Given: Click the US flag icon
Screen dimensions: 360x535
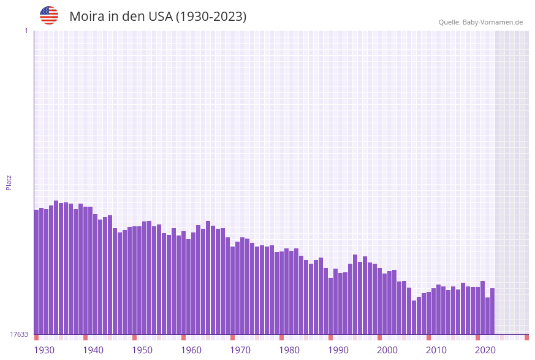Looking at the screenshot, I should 49,15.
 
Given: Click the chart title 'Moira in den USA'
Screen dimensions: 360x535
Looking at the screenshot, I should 157,17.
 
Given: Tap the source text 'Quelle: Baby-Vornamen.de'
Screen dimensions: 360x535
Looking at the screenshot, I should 480,22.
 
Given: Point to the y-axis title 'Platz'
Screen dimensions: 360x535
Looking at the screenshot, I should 9,182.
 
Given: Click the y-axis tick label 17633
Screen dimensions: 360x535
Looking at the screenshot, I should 19,334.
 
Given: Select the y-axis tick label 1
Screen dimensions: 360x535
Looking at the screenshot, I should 26,31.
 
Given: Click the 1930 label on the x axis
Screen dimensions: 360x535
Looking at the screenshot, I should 44,350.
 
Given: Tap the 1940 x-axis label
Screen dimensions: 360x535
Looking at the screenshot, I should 93,350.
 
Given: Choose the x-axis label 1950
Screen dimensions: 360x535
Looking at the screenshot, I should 142,350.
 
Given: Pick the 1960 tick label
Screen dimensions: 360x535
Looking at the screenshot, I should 191,350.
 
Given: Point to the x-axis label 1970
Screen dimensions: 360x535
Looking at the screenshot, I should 240,350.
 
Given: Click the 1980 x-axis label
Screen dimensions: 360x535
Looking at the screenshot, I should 289,350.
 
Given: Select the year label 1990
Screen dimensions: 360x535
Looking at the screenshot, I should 338,350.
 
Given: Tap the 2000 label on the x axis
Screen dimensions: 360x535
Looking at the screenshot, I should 387,350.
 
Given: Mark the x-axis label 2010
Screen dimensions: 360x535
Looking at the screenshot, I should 436,350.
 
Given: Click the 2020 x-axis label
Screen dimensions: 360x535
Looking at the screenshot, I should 485,350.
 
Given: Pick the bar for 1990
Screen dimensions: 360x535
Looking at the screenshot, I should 330,306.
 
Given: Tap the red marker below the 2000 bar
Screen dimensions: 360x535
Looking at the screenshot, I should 379,337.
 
